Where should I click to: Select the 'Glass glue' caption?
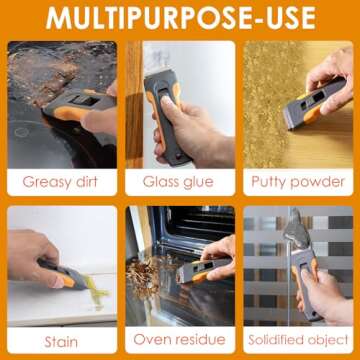(x=180, y=181)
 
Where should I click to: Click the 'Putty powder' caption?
(x=298, y=181)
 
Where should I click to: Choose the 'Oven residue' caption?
(x=180, y=342)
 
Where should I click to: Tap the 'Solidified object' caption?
(x=298, y=342)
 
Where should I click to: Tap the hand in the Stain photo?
(x=35, y=255)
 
